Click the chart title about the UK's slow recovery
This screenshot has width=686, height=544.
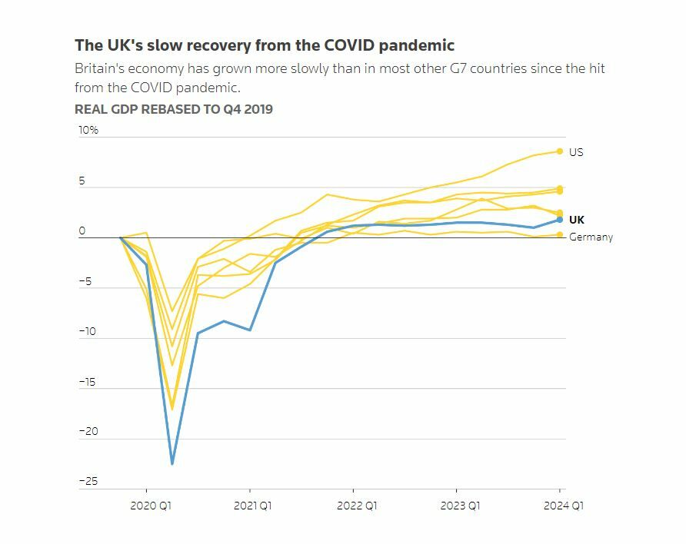[x=265, y=45]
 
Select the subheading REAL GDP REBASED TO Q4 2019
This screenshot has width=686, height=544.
[x=173, y=109]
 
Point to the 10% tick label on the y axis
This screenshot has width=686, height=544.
[x=88, y=131]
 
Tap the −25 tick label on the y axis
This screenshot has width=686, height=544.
[x=88, y=482]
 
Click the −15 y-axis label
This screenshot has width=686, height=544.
[x=88, y=382]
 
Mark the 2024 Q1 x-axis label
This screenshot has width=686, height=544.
[x=563, y=506]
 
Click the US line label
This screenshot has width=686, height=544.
[x=576, y=152]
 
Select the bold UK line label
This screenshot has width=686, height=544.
[x=577, y=220]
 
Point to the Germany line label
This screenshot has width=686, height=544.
[x=591, y=237]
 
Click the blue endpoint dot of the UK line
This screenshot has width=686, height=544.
[x=560, y=220]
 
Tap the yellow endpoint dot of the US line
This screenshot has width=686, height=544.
[x=560, y=151]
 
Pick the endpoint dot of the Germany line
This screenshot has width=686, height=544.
[x=560, y=235]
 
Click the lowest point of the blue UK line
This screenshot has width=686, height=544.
[x=172, y=463]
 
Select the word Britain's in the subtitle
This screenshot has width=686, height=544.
[x=98, y=68]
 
